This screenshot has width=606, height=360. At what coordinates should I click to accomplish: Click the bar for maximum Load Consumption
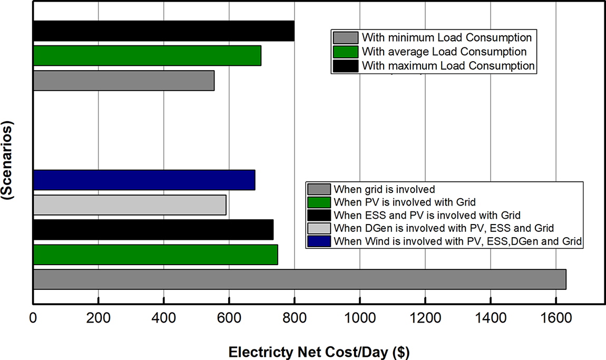click(163, 31)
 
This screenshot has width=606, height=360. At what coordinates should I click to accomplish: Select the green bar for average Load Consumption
click(147, 56)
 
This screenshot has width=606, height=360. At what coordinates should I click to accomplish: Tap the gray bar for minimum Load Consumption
click(123, 81)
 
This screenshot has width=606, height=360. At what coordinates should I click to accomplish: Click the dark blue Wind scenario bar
click(144, 180)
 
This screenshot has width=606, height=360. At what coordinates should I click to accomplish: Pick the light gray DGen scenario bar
click(130, 205)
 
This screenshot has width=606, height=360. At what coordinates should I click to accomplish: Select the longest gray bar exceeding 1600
click(299, 279)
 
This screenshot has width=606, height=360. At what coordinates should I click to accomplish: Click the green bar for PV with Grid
click(155, 255)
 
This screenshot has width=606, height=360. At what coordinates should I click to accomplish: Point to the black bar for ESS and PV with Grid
click(153, 230)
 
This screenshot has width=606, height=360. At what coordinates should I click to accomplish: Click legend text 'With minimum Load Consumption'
click(446, 38)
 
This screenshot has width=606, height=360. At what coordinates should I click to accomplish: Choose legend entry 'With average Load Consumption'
click(444, 52)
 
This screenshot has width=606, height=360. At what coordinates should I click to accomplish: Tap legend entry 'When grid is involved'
click(384, 189)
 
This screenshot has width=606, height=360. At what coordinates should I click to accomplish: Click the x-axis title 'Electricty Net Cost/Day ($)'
click(319, 352)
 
